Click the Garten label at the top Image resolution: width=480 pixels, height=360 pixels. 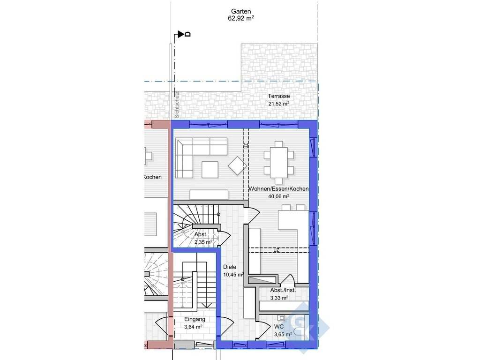click(x=241, y=12)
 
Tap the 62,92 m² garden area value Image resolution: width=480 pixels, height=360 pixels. click(x=241, y=18)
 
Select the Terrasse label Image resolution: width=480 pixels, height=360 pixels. click(x=279, y=96)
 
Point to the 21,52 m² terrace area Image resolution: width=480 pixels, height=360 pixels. click(x=279, y=104)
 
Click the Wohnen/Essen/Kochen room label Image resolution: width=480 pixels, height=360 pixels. click(x=278, y=189)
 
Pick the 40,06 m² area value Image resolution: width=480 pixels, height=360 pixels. click(x=278, y=196)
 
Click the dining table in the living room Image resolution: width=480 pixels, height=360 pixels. click(x=279, y=162)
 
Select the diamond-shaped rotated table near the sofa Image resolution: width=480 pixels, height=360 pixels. click(x=237, y=165)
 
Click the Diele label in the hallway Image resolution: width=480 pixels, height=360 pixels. click(x=230, y=267)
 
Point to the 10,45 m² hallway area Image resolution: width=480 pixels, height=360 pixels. click(x=233, y=275)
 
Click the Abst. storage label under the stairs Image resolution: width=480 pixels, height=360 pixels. click(x=201, y=234)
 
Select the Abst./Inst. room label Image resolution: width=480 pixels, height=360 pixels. click(x=283, y=290)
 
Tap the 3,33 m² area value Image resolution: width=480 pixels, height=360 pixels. click(x=279, y=298)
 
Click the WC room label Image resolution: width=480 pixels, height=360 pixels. click(x=279, y=327)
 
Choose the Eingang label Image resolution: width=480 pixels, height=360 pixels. click(x=195, y=319)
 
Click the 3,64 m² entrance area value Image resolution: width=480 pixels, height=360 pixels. click(x=193, y=327)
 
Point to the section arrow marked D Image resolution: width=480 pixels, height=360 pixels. click(x=181, y=34)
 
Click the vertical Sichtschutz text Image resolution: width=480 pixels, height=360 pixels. click(x=177, y=105)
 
